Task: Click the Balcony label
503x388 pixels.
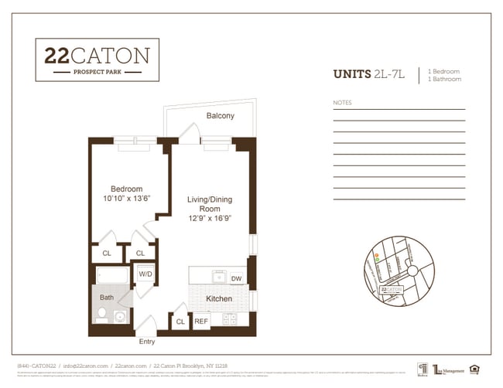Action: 221,116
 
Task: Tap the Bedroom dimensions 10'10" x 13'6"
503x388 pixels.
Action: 125,199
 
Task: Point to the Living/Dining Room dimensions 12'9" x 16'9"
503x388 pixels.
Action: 209,219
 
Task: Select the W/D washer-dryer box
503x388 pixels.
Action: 145,274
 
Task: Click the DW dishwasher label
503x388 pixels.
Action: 236,279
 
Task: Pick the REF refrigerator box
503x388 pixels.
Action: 200,321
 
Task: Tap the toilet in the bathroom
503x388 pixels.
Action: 102,314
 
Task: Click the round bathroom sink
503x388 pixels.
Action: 120,316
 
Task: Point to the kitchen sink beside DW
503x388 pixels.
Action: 218,277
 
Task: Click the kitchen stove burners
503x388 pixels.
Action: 230,318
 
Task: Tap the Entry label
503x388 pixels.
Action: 146,341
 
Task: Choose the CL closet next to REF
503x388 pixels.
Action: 180,321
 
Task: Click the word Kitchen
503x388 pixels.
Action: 218,298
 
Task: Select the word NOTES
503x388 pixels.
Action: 342,103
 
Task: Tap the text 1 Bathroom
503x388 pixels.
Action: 444,79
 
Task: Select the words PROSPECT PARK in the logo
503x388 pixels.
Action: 97,72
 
